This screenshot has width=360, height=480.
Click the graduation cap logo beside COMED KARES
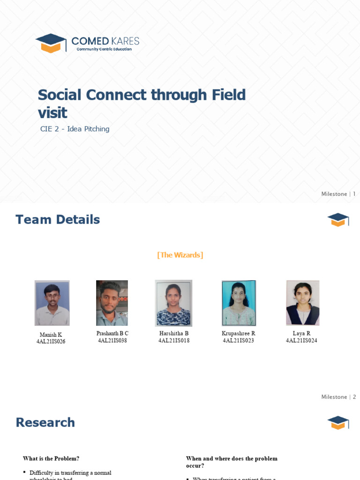click(51, 43)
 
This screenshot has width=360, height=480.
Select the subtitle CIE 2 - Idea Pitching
click(75, 129)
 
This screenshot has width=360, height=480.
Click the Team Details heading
click(58, 219)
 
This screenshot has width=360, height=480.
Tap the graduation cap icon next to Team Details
click(338, 219)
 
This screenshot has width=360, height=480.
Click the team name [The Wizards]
click(180, 255)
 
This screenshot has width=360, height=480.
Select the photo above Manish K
click(52, 303)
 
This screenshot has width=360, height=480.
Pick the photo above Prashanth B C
click(112, 303)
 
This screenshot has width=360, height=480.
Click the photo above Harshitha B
click(173, 303)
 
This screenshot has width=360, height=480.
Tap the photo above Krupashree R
click(239, 303)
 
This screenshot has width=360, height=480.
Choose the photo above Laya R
click(302, 303)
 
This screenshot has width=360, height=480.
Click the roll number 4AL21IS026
click(51, 342)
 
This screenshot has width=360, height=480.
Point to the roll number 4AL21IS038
click(112, 341)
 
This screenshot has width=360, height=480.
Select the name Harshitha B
click(174, 333)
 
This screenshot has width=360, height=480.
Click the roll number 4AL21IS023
click(239, 341)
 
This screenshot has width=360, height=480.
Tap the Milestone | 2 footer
click(338, 397)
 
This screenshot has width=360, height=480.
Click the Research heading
click(45, 422)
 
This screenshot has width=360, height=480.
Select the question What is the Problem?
click(51, 458)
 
